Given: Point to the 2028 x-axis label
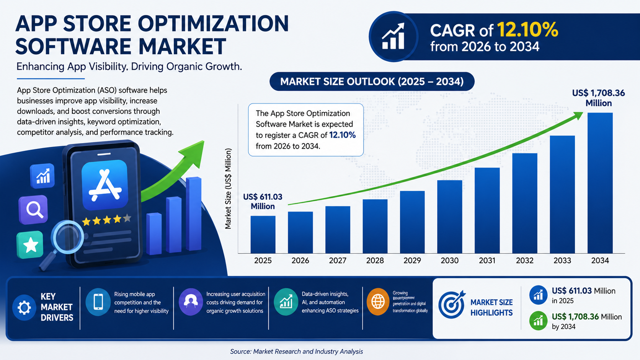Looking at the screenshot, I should pyautogui.click(x=375, y=261).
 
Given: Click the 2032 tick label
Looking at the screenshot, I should pyautogui.click(x=524, y=261).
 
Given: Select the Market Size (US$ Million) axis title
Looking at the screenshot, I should pyautogui.click(x=228, y=189).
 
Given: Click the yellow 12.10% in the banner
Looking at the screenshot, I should pyautogui.click(x=527, y=30).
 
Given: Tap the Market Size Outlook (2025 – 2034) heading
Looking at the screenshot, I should pyautogui.click(x=372, y=81).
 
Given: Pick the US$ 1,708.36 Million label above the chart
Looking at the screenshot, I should pyautogui.click(x=598, y=98).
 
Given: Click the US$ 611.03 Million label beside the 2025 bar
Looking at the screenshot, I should pyautogui.click(x=263, y=201).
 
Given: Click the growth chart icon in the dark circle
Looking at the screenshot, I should pyautogui.click(x=393, y=36).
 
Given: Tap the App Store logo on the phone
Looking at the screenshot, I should pyautogui.click(x=104, y=185).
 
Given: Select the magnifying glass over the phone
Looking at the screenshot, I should pyautogui.click(x=67, y=238).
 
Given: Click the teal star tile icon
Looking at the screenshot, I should pyautogui.click(x=30, y=245).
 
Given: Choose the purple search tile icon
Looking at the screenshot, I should pyautogui.click(x=34, y=210).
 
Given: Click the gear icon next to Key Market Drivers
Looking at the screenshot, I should pyautogui.click(x=24, y=307).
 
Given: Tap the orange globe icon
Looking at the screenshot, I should pyautogui.click(x=378, y=302).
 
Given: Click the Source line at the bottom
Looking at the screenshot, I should pyautogui.click(x=296, y=351).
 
